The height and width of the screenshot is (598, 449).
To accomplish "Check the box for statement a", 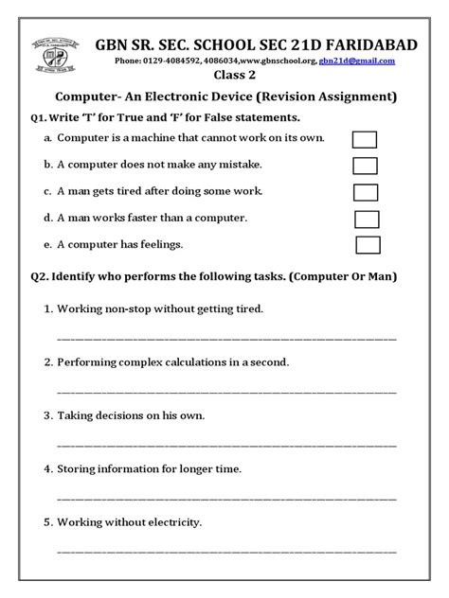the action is pyautogui.click(x=365, y=139).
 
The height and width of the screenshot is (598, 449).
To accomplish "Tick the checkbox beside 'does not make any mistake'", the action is pyautogui.click(x=365, y=166).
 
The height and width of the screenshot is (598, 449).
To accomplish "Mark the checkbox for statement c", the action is pyautogui.click(x=366, y=193).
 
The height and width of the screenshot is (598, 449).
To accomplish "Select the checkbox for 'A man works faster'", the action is pyautogui.click(x=367, y=220).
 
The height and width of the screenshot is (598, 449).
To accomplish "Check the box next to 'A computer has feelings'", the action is pyautogui.click(x=368, y=245).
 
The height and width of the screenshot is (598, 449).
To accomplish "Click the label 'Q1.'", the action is pyautogui.click(x=42, y=118).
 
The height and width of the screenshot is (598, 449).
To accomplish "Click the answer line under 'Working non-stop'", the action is pyautogui.click(x=227, y=338).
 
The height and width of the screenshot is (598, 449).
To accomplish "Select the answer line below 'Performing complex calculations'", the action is pyautogui.click(x=227, y=391).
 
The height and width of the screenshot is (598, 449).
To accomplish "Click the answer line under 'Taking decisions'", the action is pyautogui.click(x=227, y=444).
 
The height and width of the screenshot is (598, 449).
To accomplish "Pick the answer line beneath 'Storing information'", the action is pyautogui.click(x=227, y=497).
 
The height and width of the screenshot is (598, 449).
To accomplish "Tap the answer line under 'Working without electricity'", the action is pyautogui.click(x=227, y=550).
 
